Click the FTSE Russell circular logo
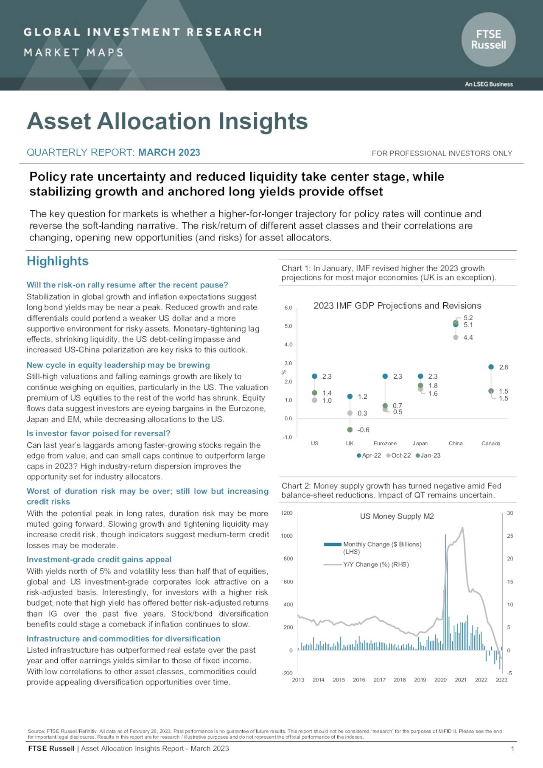point(488,39)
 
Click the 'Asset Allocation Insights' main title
point(167,121)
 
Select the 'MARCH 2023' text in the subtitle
point(169,153)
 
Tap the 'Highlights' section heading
point(58,261)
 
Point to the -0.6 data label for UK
point(364,430)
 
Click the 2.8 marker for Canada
point(491,367)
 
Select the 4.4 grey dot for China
point(456,338)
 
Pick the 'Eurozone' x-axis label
point(385,444)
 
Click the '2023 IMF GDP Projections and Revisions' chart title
point(397,306)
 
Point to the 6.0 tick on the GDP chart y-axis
point(288,308)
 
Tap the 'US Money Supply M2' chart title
point(397,516)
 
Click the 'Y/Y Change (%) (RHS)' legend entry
point(375,564)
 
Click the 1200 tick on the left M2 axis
point(287,513)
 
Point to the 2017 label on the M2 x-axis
point(379,680)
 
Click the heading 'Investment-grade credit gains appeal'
point(99,559)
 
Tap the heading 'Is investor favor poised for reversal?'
point(98,433)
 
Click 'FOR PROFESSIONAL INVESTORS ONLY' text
point(442,154)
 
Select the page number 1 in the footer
point(512,749)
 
